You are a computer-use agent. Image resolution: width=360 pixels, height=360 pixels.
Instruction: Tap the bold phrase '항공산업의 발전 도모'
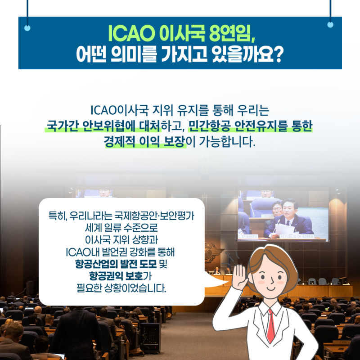point(116,264)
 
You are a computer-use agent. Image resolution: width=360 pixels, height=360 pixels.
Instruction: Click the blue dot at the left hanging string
point(27,28)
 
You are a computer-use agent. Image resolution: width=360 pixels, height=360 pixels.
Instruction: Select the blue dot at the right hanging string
point(330,24)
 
